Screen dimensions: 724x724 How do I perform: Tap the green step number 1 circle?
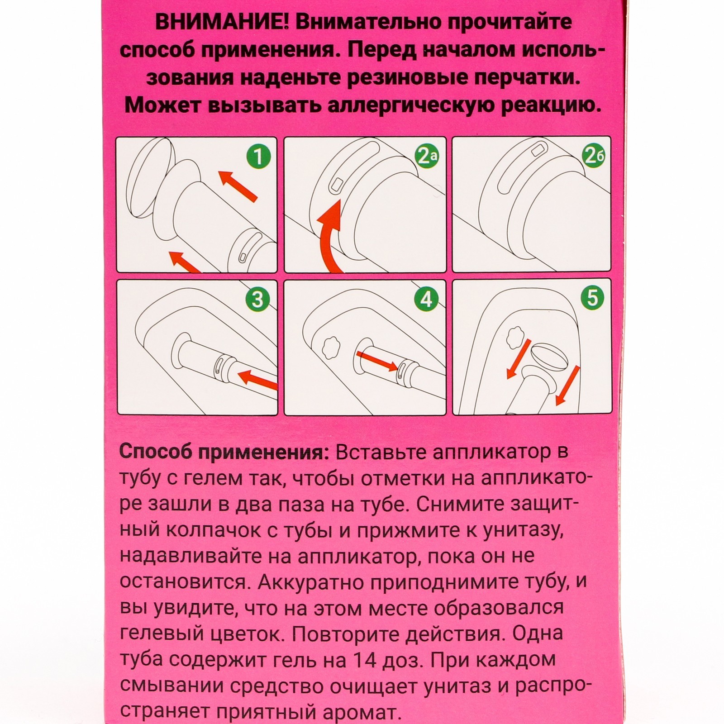click(x=258, y=157)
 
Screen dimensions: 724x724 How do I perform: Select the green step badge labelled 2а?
click(x=427, y=157)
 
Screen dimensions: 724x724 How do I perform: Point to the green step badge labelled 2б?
click(x=594, y=157)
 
